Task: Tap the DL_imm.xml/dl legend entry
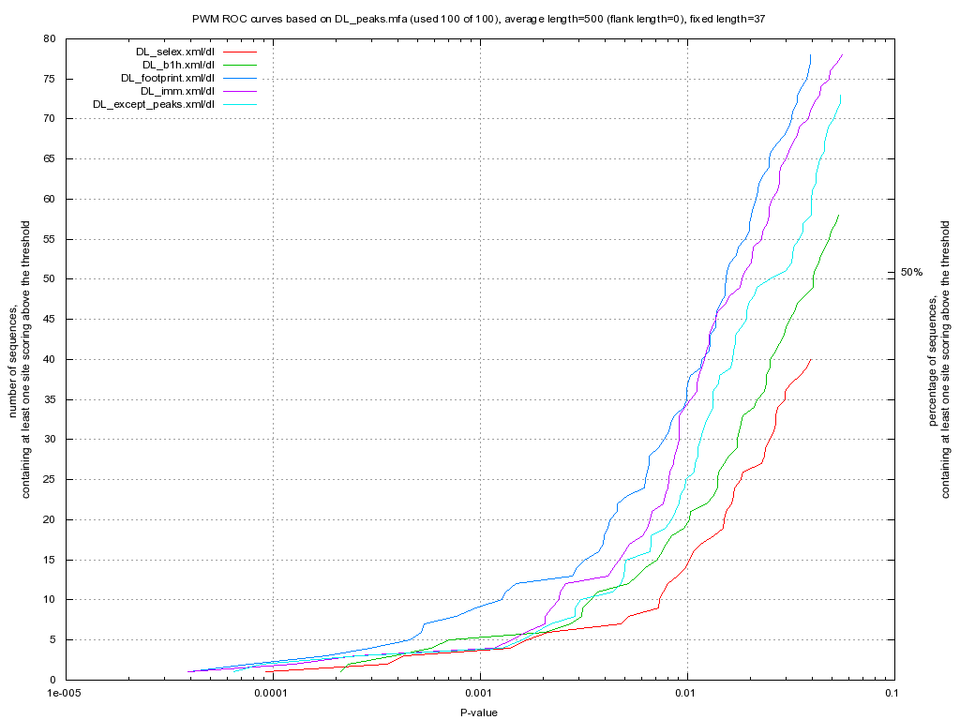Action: tap(178, 91)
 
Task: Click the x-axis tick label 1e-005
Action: tap(64, 696)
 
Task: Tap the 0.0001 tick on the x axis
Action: tap(272, 696)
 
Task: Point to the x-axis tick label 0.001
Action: tap(479, 696)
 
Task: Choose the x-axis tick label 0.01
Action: tap(686, 696)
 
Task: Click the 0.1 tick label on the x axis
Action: tap(892, 696)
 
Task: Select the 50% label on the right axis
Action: tap(912, 272)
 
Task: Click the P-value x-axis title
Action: tap(478, 712)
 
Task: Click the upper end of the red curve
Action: tap(811, 359)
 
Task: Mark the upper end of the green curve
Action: tap(839, 215)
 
